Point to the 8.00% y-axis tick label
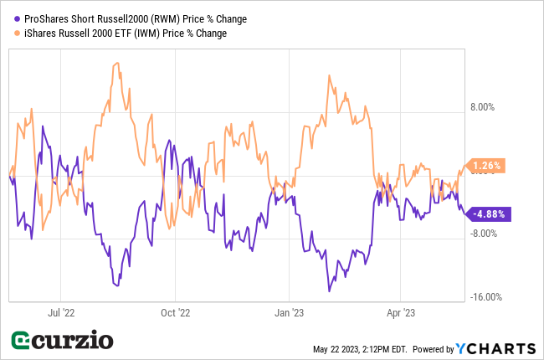(484, 107)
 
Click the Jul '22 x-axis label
(62, 313)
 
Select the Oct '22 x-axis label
(175, 313)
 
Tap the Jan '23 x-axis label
(289, 313)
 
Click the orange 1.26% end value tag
(486, 166)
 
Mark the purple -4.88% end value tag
(488, 213)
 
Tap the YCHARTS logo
(495, 348)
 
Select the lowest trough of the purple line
(330, 291)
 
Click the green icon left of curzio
(23, 342)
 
